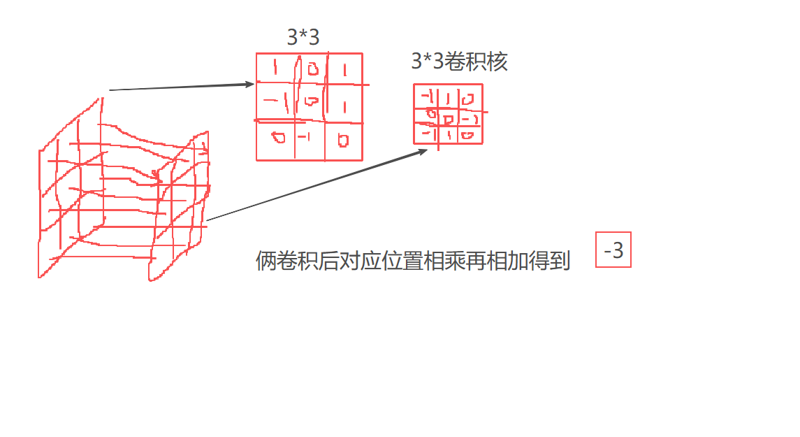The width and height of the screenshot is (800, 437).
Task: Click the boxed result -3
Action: [613, 250]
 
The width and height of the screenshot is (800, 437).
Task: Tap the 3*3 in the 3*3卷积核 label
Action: [427, 62]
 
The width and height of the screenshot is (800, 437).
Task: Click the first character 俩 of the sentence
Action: [265, 262]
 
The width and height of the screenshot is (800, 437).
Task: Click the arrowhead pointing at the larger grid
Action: [249, 85]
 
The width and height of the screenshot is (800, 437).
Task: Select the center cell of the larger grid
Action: [312, 102]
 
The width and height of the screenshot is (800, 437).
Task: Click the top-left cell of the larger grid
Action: [275, 68]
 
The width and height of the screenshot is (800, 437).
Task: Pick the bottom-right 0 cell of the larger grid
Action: [342, 141]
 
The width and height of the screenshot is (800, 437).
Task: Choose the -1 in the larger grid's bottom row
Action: [304, 137]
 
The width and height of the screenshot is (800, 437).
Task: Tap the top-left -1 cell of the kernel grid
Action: [426, 95]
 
